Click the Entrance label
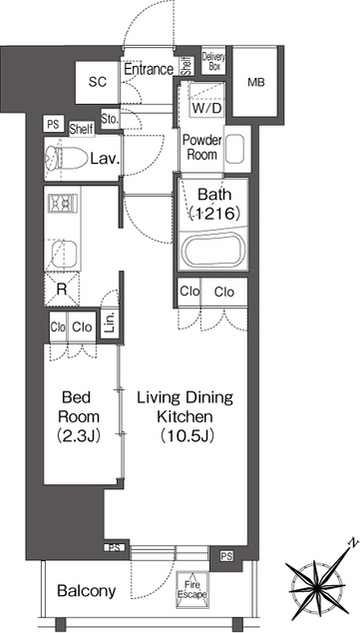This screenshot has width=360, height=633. tap(148, 69)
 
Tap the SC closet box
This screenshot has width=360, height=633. tap(98, 82)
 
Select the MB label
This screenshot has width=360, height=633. tap(256, 83)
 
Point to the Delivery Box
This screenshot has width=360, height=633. tap(213, 63)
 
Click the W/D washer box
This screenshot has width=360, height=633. tap(208, 108)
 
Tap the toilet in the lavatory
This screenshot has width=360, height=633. tap(66, 158)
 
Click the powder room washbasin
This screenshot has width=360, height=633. tap(234, 149)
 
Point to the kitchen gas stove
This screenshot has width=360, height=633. tap(63, 203)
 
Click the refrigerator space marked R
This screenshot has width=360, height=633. tap(62, 289)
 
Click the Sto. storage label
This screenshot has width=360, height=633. tap(110, 119)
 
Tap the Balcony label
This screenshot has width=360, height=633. tap(86, 591)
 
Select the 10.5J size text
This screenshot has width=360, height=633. tap(186, 436)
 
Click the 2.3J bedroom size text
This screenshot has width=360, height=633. tap(80, 436)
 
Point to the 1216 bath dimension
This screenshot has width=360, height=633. tap(215, 214)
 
